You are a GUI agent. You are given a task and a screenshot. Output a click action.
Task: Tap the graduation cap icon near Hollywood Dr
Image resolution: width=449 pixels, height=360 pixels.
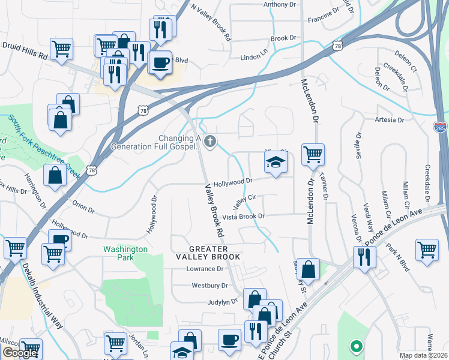pos(276,161)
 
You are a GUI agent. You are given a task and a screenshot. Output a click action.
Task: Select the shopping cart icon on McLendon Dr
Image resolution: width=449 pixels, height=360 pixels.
pos(313,154)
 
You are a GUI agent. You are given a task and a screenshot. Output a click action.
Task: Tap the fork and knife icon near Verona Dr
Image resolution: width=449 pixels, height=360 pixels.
pos(364,257)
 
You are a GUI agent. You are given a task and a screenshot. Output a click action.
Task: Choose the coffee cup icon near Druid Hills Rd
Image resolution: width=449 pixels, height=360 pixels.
pos(160,62)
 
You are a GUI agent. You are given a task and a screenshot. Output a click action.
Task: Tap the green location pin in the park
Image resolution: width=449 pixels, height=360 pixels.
pos(355,346)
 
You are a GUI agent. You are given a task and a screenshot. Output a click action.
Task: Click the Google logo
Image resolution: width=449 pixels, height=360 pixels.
pos(20,353)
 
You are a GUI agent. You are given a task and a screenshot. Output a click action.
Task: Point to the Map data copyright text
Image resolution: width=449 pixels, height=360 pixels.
pos(423,355)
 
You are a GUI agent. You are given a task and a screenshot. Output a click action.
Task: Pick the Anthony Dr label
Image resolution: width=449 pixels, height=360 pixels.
pos(280,4)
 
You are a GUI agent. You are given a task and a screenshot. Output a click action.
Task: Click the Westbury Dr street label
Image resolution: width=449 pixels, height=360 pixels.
pos(209,286)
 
